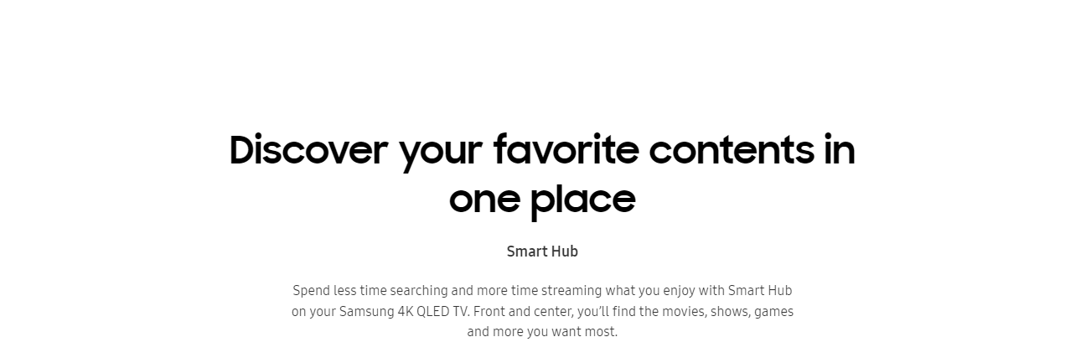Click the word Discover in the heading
pos(308,149)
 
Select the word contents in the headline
pos(732,150)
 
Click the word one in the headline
pos(485,200)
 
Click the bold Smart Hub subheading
pos(542,252)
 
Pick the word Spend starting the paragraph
pos(311,291)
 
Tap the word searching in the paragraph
pos(419,291)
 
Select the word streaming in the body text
pos(571,291)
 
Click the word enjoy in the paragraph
pos(679,292)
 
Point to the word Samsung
pos(366,312)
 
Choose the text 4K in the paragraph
pos(406,311)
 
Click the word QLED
pos(433,311)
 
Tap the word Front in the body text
pos(489,311)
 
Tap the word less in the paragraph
pos(344,291)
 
